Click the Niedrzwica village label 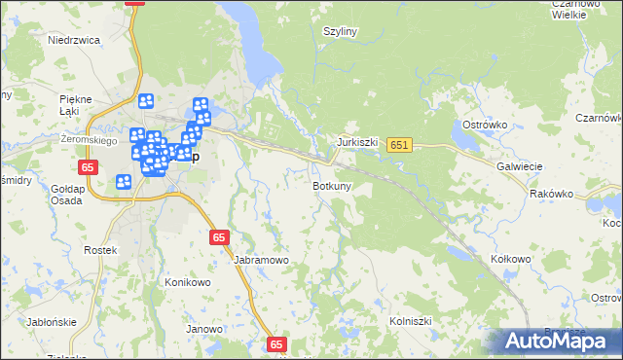coord(75,40)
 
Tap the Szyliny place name coord(342,31)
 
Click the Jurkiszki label coord(357,141)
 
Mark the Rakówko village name coord(552,194)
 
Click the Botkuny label coord(332,185)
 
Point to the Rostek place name coord(100,250)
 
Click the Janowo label coord(204,329)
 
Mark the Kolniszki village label coord(410,319)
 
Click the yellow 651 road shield coord(399,145)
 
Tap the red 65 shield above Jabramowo coord(219,236)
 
